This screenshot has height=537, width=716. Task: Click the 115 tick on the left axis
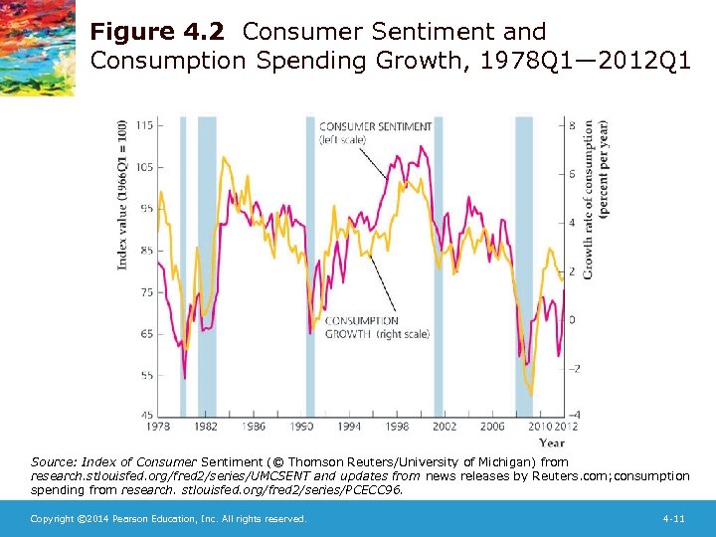144,124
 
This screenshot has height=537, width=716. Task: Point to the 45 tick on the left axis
145,415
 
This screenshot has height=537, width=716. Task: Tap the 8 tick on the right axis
571,125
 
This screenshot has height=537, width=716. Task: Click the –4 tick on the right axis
573,415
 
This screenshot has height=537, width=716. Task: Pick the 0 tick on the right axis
571,318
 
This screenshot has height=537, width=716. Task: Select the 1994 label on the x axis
349,426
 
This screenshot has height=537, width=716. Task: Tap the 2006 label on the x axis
493,426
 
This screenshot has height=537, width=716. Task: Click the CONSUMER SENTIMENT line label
375,126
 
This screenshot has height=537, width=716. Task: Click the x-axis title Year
551,443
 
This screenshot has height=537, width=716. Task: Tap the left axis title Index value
122,194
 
